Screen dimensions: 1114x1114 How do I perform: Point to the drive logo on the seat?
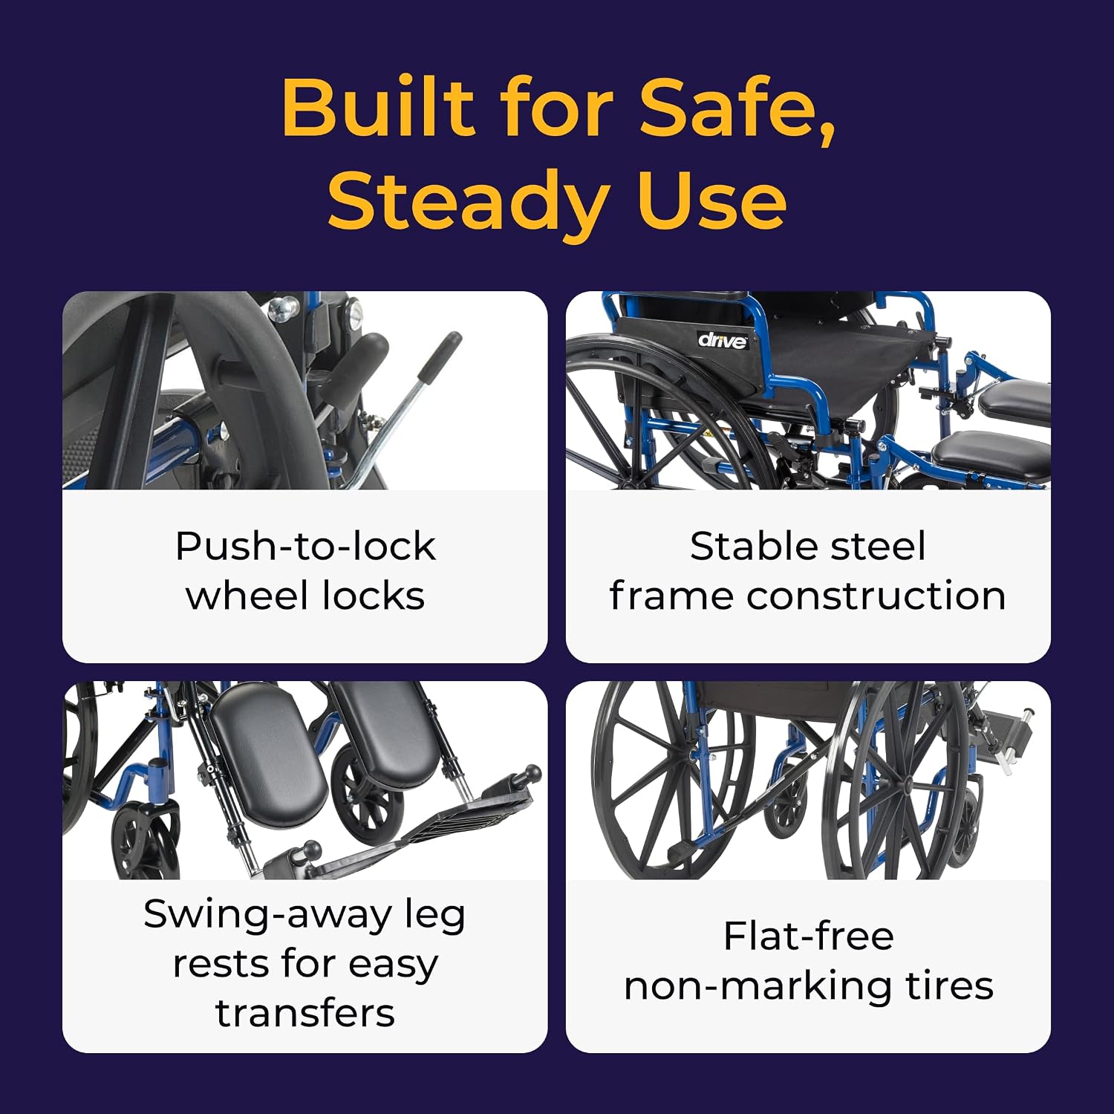(x=722, y=340)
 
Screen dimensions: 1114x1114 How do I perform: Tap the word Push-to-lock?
(x=305, y=547)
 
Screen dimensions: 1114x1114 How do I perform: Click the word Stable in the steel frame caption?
(x=752, y=546)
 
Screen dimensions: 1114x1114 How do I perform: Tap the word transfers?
(x=305, y=1013)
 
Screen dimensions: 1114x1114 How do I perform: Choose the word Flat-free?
(x=809, y=936)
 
